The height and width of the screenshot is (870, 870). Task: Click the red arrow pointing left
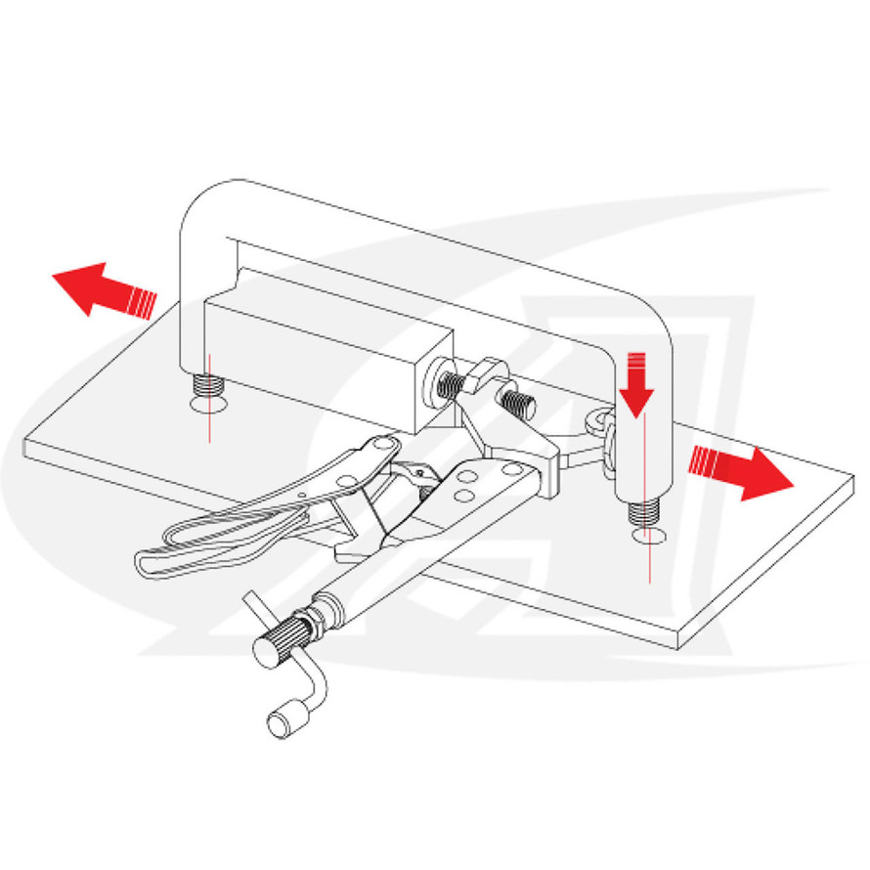pyautogui.click(x=98, y=290)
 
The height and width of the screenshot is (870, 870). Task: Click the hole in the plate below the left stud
pyautogui.click(x=207, y=402)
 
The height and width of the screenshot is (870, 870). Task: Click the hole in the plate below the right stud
pyautogui.click(x=648, y=537)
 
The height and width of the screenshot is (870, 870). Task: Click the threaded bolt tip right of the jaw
pyautogui.click(x=516, y=401)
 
